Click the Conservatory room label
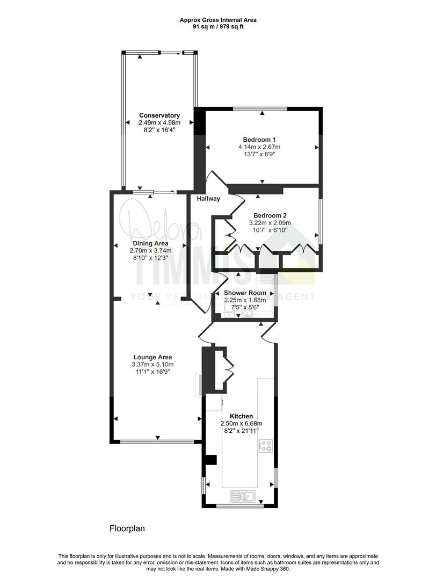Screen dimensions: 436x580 159,115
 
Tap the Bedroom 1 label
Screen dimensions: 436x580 259,140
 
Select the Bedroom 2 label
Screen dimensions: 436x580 270,215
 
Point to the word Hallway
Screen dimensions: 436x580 208,199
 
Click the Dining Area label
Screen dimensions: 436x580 150,243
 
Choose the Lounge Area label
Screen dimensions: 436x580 152,357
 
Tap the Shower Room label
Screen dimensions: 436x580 245,293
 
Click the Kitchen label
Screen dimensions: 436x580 242,416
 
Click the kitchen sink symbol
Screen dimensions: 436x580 242,496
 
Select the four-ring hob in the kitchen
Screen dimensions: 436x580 266,446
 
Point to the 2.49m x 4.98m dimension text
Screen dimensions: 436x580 159,122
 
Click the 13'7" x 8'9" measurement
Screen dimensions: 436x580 259,154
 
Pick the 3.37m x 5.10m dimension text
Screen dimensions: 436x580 152,364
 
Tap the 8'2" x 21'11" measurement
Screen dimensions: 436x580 242,431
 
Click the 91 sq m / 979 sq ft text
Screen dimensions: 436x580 218,27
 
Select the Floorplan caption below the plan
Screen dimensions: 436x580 127,528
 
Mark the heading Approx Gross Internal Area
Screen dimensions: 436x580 218,20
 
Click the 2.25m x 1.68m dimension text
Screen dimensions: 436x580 245,300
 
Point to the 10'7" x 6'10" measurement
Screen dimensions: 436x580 270,230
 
